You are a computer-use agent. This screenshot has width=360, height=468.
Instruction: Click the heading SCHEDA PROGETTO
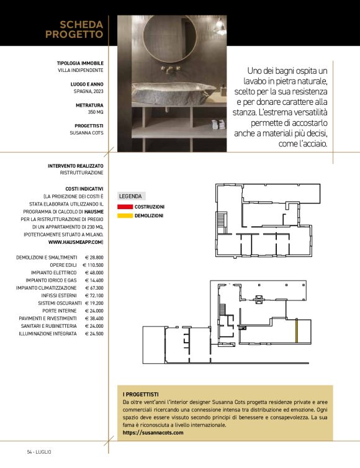pos(74,30)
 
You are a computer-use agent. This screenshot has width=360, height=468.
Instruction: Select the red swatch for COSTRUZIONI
pos(125,206)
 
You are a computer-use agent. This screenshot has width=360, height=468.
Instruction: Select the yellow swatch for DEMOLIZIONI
pos(125,215)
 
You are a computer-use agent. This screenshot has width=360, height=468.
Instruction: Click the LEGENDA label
pos(130,196)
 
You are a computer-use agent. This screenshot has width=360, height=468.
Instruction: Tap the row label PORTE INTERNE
pos(60,310)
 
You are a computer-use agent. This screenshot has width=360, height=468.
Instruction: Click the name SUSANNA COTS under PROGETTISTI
pos(86,132)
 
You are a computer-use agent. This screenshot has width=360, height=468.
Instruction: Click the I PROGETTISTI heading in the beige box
pos(140,394)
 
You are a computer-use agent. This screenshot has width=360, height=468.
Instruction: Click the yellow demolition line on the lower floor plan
pos(297,331)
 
